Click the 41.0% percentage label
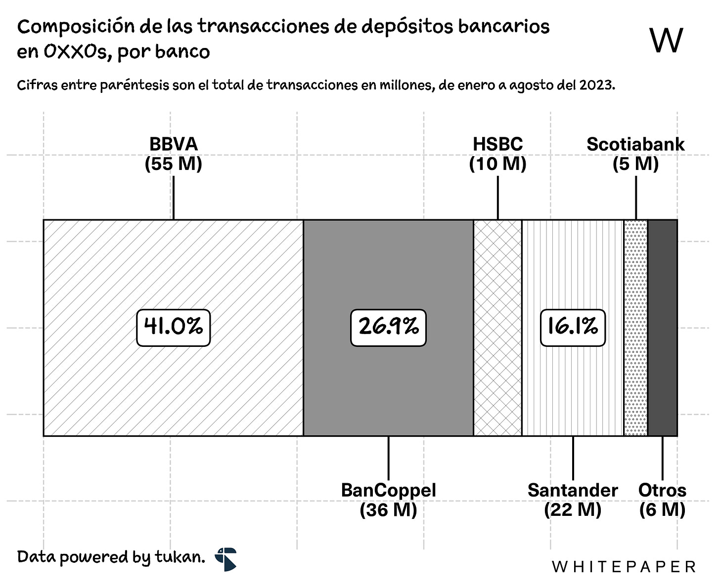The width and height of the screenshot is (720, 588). point(173,327)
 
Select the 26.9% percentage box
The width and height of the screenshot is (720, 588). point(388,327)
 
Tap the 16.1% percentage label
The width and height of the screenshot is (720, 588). point(573,327)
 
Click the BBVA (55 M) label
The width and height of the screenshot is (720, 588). point(173,154)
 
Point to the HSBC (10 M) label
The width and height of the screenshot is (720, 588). point(497,154)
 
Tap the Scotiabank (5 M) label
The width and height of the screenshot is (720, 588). point(635,154)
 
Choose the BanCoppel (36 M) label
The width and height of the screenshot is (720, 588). point(388,500)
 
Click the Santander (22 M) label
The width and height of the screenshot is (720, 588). point(573,500)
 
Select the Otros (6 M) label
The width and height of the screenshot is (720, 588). point(662,500)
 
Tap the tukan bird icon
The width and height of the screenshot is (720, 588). point(226,559)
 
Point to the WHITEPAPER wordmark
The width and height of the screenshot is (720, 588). point(624,567)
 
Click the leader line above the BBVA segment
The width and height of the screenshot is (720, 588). point(173,198)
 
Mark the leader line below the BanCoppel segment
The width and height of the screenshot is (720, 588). point(388,458)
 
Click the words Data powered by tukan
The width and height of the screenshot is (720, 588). point(111,557)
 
